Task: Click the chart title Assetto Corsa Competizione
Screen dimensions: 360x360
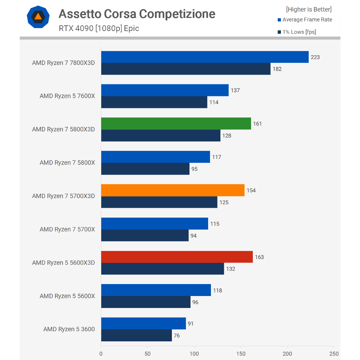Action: (x=137, y=14)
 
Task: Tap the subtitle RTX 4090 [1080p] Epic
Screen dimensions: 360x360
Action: (x=99, y=28)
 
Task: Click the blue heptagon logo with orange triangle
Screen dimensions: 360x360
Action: (x=38, y=17)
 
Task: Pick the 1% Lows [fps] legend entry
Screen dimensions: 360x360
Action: (x=297, y=32)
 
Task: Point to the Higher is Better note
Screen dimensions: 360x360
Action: (x=309, y=9)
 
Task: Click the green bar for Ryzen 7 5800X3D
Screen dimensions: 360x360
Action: (x=176, y=123)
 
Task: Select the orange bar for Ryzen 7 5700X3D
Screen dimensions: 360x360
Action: (x=173, y=190)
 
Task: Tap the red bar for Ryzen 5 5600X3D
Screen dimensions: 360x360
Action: (x=177, y=257)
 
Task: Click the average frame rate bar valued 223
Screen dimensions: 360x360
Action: (x=205, y=57)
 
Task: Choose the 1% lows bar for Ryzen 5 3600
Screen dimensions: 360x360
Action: (x=136, y=335)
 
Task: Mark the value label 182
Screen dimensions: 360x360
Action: (x=277, y=69)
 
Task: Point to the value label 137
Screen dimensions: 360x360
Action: (x=235, y=90)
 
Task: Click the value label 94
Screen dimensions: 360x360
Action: (x=193, y=236)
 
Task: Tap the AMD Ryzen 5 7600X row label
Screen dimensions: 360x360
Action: (x=67, y=96)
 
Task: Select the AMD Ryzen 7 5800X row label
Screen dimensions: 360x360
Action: (x=67, y=163)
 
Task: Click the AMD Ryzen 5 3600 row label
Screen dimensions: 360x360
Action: (x=69, y=329)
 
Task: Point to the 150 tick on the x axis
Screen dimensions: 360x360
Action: (x=241, y=354)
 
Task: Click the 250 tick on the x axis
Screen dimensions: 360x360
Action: (x=334, y=354)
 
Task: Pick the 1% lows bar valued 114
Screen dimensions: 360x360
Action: (x=154, y=102)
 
